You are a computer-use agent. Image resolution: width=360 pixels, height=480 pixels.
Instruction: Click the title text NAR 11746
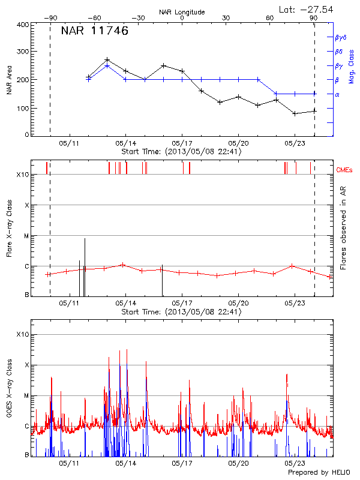click(94, 31)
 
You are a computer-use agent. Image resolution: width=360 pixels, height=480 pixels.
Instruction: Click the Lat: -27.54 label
click(307, 9)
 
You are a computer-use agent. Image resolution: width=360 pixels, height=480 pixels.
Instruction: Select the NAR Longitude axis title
click(182, 12)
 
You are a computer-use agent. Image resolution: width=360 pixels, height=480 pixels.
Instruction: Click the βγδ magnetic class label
click(341, 37)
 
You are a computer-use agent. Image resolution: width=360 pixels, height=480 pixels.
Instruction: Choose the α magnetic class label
click(337, 94)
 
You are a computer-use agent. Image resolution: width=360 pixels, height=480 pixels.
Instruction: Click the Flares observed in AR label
click(343, 228)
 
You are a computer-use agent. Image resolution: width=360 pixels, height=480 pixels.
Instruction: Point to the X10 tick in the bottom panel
click(23, 334)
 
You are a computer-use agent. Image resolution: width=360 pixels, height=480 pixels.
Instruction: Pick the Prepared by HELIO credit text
click(319, 473)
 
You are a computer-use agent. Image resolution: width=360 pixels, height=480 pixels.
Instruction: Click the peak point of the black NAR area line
click(107, 60)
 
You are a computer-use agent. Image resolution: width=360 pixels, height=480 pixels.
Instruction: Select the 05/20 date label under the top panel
click(239, 143)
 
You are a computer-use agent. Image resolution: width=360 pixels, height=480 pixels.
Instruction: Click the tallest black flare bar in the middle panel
click(85, 267)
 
